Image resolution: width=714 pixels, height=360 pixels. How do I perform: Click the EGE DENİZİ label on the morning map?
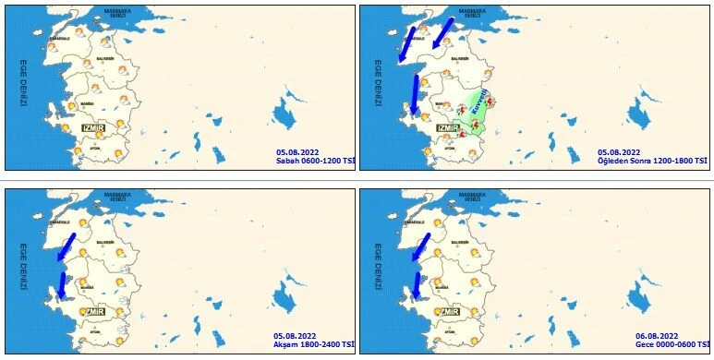pos(25,85)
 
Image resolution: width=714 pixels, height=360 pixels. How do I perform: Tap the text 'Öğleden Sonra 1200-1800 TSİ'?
pos(652,162)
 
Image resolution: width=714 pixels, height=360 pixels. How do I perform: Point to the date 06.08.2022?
pos(658,335)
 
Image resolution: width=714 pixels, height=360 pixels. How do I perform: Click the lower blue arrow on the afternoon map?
pos(415,93)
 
